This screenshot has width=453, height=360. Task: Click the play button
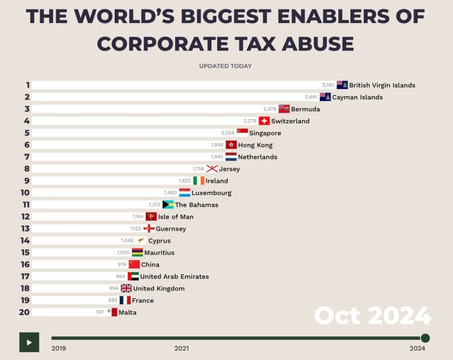click(29, 342)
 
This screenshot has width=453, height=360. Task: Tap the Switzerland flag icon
click(264, 121)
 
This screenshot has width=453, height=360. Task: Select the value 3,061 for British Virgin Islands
click(328, 85)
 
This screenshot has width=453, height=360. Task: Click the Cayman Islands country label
click(357, 97)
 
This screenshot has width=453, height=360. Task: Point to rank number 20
click(24, 312)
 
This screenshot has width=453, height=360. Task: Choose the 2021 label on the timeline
click(181, 348)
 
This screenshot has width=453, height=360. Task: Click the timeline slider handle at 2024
click(425, 338)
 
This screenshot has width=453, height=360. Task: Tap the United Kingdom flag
click(126, 288)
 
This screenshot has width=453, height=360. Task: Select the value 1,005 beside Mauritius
click(123, 252)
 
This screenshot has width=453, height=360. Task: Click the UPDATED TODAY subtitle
click(225, 66)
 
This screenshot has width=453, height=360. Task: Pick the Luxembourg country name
click(211, 193)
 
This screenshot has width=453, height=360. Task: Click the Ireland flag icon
click(199, 181)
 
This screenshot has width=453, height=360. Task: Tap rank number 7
click(27, 157)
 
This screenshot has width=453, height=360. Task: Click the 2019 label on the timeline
click(58, 348)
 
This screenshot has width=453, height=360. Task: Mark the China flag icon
click(134, 264)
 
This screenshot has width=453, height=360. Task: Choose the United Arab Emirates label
click(174, 276)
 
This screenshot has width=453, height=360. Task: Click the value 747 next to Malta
click(100, 312)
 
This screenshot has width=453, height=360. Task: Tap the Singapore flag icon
click(242, 132)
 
